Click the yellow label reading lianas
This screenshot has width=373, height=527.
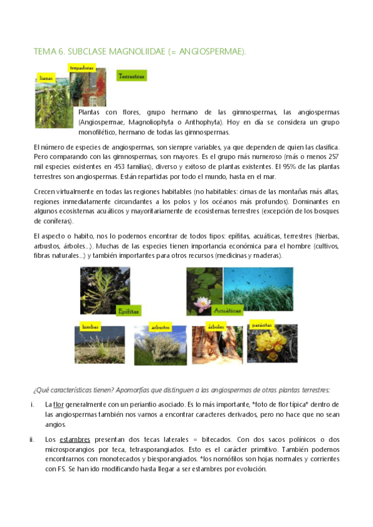[45, 79]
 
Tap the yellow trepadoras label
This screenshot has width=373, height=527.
[82, 66]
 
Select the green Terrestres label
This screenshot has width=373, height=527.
[131, 76]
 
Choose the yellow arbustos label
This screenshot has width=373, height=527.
[160, 327]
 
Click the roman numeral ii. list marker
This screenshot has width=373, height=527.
[31, 440]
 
